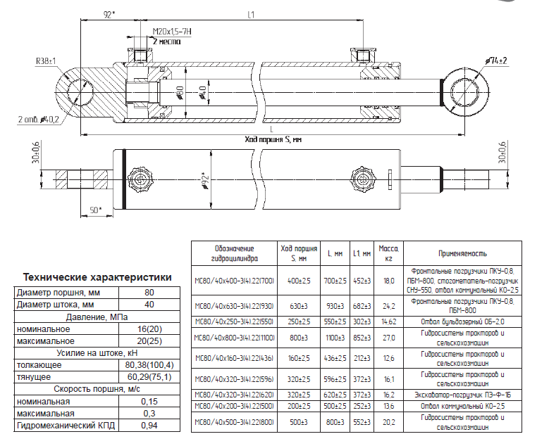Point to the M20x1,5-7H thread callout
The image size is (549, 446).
coord(173,32)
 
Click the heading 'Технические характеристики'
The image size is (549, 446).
coord(97,277)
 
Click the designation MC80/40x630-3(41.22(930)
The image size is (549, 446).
coord(234,307)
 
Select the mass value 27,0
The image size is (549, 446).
coord(388,338)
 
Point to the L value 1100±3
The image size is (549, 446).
coord(335,338)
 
